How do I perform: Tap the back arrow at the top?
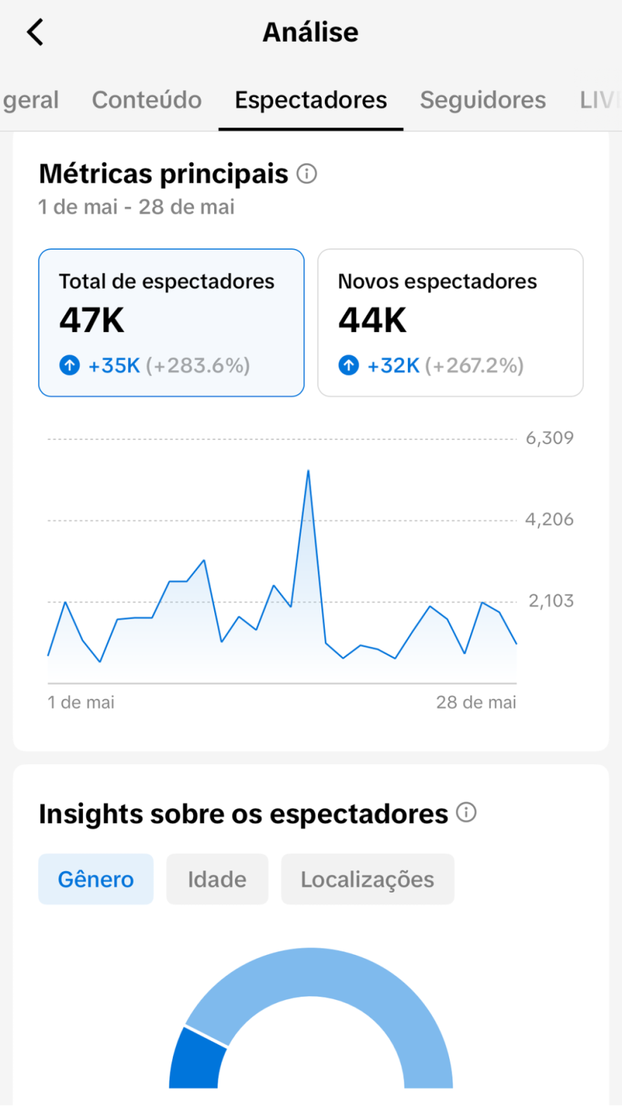(35, 33)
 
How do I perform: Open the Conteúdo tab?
(147, 100)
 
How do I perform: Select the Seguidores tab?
(483, 100)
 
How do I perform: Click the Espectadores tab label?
(311, 100)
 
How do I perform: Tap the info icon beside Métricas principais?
(307, 174)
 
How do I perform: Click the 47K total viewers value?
(92, 320)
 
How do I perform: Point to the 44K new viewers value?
(373, 320)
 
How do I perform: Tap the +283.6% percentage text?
(198, 366)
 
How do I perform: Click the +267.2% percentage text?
(474, 366)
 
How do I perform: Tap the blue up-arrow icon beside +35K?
(70, 365)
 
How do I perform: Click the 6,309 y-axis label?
(549, 438)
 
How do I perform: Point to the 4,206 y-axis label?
(549, 520)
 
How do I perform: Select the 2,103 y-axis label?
(551, 601)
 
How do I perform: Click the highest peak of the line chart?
(308, 471)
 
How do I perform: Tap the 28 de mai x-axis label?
(476, 702)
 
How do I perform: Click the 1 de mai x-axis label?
(81, 702)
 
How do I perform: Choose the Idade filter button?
(217, 879)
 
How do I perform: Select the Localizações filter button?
(368, 879)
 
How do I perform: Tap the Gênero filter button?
(96, 879)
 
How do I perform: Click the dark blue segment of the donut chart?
(196, 1060)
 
